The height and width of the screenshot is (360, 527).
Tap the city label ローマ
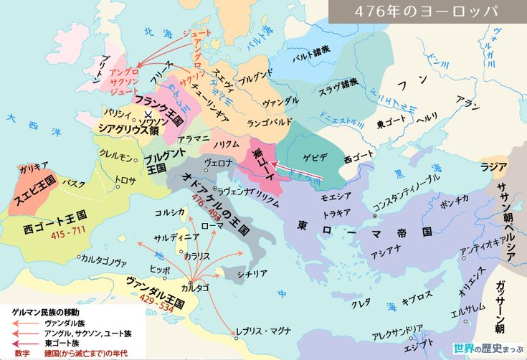pos(212,224)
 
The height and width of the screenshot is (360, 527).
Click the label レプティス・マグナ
pos(266,331)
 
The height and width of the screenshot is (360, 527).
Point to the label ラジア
pos(493,166)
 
